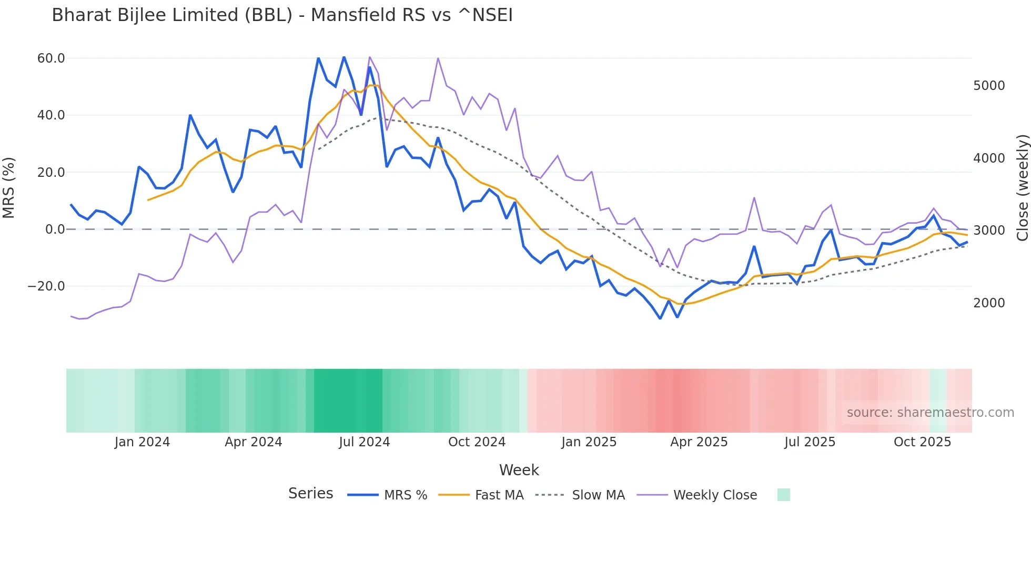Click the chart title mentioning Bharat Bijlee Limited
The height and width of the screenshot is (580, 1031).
(282, 15)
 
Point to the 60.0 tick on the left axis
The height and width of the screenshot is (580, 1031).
(51, 58)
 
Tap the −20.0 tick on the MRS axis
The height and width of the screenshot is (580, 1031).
(46, 286)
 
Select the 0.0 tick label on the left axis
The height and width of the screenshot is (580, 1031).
(55, 229)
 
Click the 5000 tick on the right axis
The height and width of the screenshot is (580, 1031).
(989, 86)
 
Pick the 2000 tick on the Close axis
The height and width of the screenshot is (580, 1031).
(989, 303)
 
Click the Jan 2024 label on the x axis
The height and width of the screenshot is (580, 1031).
(142, 442)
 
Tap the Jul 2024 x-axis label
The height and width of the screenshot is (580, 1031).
(364, 442)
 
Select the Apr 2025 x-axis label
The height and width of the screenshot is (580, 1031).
(699, 442)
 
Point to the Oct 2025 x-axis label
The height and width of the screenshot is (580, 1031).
(922, 442)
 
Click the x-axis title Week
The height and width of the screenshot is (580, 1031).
(519, 470)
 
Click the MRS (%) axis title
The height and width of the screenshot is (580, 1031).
(9, 187)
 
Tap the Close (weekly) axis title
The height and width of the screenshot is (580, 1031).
(1022, 187)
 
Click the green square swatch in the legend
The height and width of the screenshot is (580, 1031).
(783, 495)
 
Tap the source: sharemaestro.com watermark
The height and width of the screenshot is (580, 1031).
(930, 413)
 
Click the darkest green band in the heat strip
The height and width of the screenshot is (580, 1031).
(348, 401)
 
